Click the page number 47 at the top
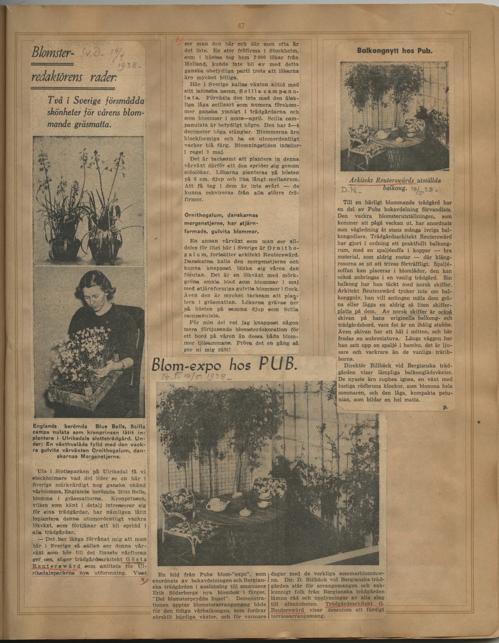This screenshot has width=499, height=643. point(240,26)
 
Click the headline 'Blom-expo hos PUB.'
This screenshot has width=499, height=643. point(223,365)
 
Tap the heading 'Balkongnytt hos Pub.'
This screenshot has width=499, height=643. point(395,51)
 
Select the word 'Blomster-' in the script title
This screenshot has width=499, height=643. point(52,53)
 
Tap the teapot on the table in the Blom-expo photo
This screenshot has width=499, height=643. point(217,504)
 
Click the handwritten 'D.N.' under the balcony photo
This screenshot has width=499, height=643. point(352,190)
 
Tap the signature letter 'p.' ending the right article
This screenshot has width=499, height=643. point(444,407)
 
